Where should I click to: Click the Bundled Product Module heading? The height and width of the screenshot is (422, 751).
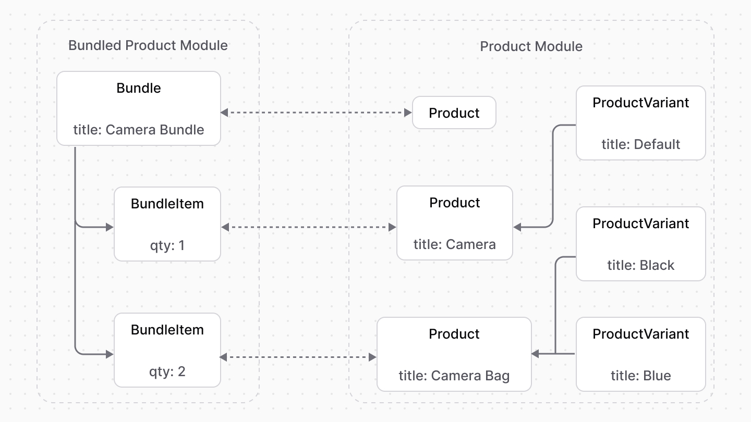(148, 45)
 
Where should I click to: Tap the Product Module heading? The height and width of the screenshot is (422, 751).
(531, 46)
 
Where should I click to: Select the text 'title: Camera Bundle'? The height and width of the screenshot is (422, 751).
(139, 129)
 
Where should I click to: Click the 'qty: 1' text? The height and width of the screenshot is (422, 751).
(167, 245)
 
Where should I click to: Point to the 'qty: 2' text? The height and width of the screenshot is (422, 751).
(167, 371)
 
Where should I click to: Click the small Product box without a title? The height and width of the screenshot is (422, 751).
(454, 113)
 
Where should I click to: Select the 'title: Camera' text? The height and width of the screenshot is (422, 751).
(454, 244)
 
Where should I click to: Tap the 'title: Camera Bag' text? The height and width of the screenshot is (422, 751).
(454, 375)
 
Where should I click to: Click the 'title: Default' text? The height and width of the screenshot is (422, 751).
(640, 144)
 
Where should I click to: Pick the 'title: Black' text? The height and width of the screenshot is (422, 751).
(640, 265)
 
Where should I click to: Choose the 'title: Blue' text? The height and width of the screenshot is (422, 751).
(640, 375)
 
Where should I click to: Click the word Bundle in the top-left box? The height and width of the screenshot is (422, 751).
(139, 88)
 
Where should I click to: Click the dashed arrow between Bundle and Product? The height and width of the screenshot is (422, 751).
(316, 113)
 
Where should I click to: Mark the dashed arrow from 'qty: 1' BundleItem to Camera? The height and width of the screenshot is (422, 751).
(308, 227)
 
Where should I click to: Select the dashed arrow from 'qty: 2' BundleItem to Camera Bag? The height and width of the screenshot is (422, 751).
(298, 357)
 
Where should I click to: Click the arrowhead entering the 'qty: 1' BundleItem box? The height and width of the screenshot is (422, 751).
(110, 227)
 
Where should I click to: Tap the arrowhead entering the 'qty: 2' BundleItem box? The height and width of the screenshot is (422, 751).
(110, 354)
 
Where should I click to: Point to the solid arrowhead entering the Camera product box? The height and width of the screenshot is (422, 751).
(518, 227)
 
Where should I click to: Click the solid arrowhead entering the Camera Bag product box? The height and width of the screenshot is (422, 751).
(536, 354)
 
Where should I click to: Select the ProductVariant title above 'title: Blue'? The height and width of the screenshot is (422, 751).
(640, 334)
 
